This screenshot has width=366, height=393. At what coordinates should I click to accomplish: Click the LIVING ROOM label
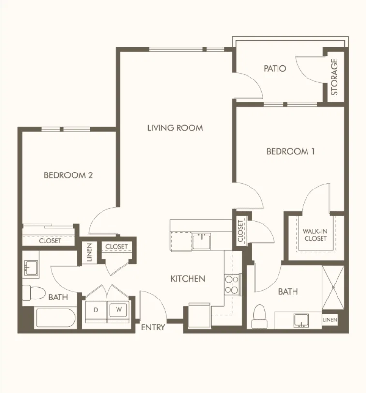point(175,128)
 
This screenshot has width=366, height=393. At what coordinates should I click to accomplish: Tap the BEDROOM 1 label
point(291,151)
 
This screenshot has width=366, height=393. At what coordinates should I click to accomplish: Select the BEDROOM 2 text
point(68,175)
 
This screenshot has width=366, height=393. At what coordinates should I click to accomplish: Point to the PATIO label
point(275,68)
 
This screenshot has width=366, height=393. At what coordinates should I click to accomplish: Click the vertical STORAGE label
point(334,77)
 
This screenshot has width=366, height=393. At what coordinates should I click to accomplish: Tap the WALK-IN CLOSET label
point(315,235)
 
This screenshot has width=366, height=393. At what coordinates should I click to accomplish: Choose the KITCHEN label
point(188,279)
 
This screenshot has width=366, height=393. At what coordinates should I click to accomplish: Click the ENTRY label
point(153,327)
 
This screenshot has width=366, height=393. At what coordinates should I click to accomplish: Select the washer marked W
point(118,311)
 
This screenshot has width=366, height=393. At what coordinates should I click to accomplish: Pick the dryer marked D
point(96,311)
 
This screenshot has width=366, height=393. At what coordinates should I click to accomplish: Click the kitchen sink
point(202,241)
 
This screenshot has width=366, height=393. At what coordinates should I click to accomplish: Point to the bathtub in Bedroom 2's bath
point(56,318)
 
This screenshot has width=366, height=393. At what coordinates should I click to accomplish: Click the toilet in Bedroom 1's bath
point(260,316)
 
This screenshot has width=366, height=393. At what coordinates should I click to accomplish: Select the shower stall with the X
point(333,287)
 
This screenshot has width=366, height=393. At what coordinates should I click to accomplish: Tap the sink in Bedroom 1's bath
point(302,320)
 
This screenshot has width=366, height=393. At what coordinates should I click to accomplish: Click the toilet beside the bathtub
point(34,293)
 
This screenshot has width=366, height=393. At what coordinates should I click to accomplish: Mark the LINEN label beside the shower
point(330,320)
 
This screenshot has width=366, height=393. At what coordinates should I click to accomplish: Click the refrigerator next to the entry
point(199,315)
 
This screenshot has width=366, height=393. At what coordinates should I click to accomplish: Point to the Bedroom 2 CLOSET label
point(50,241)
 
